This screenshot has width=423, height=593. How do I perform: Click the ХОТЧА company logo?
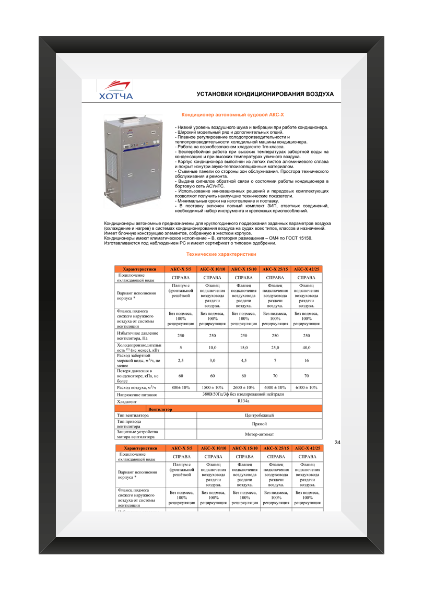tap(116, 90)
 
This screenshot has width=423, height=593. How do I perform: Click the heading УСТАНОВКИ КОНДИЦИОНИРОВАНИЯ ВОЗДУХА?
tap(265, 94)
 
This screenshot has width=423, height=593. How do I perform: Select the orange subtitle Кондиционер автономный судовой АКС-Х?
tap(232, 114)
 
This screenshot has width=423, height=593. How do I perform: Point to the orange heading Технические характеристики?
tap(221, 254)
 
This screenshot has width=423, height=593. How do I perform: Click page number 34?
tap(337, 443)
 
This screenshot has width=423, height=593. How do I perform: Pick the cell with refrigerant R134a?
tap(243, 402)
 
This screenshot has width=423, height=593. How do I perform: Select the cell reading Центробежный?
tap(259, 416)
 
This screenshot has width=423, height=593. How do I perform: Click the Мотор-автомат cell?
tap(259, 434)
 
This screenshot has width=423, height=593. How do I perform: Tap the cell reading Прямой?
tap(259, 424)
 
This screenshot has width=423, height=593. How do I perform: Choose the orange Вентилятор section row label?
tap(160, 409)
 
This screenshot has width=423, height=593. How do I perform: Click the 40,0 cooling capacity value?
tap(307, 348)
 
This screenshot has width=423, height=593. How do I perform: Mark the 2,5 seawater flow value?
tap(181, 360)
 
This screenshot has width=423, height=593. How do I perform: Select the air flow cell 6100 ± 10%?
tap(307, 387)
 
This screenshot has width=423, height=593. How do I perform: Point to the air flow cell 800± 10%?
tap(181, 387)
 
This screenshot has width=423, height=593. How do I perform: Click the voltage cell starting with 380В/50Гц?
tap(243, 395)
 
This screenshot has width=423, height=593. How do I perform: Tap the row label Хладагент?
tap(127, 402)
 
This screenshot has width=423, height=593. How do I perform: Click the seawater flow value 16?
tap(307, 360)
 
